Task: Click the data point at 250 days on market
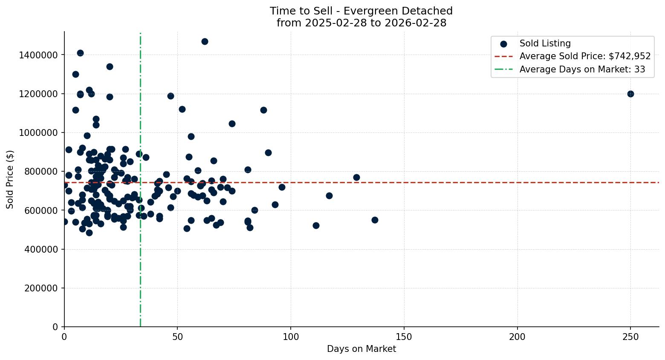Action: coord(630,94)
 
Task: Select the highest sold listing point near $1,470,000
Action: coord(205,41)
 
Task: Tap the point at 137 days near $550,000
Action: coord(375,220)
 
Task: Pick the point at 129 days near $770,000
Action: coord(356,177)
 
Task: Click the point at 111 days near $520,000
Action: coord(316,225)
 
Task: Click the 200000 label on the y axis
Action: coord(38,288)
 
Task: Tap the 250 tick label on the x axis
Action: coord(630,337)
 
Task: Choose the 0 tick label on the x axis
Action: coord(64,337)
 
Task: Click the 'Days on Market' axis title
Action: coord(361,349)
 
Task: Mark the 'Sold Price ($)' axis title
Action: coord(10,179)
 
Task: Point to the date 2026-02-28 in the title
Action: coord(416,23)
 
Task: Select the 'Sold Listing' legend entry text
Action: coord(545,43)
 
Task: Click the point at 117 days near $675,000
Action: coord(329,196)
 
